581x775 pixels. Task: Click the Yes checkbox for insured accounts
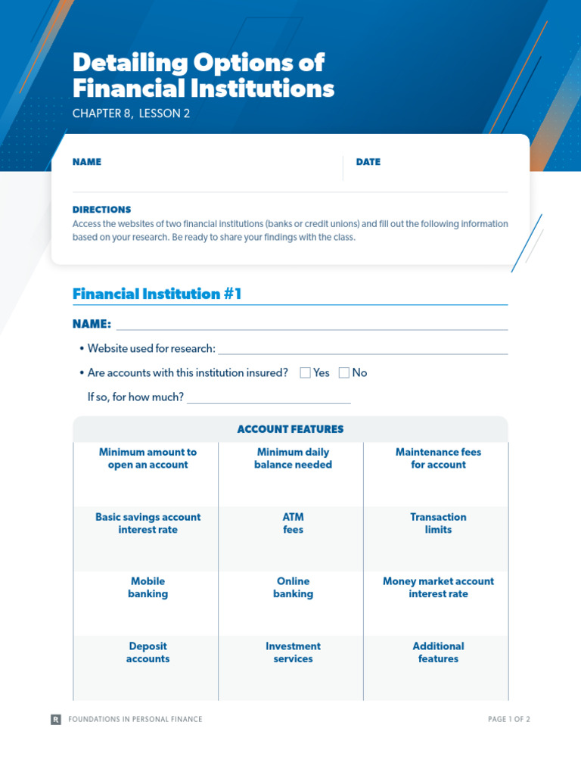coord(306,372)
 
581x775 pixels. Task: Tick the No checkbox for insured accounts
coord(344,372)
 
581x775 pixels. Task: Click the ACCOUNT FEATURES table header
coord(290,429)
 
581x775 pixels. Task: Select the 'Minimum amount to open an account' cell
coord(148,459)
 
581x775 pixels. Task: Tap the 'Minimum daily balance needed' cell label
coord(293,459)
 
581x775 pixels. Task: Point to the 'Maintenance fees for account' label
coord(438,459)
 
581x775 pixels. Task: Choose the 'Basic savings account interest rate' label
coord(148,523)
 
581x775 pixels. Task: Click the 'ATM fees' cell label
coord(293,523)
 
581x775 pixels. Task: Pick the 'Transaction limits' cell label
coord(438,523)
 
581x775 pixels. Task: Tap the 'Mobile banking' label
coord(148,587)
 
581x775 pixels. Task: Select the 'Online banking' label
coord(293,587)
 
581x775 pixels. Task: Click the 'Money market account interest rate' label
coord(438,587)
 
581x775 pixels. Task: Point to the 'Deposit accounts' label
coord(148,652)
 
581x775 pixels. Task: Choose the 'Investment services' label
coord(293,652)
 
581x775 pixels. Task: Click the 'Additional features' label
coord(438,652)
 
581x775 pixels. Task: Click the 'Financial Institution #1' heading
coord(157,294)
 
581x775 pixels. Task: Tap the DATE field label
coord(368,162)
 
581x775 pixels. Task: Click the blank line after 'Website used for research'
coord(362,349)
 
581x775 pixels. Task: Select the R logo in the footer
coord(56,719)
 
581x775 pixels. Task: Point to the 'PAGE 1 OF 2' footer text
coord(509,719)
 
